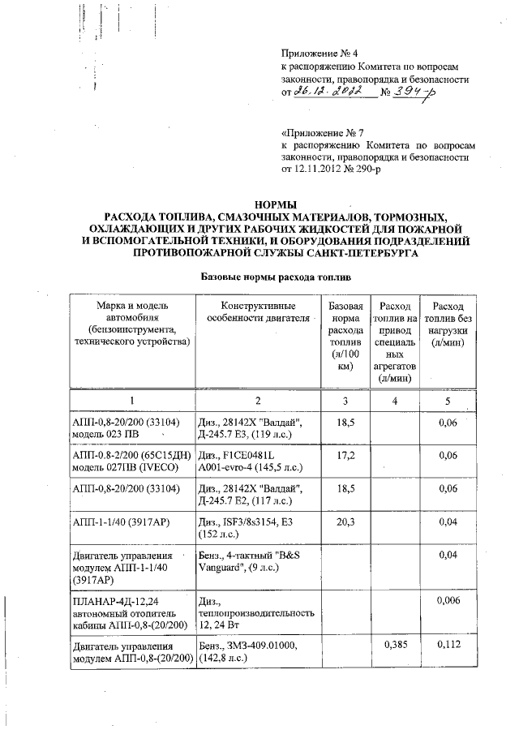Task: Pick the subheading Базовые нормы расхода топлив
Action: point(269,277)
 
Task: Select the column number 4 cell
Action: point(395,401)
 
